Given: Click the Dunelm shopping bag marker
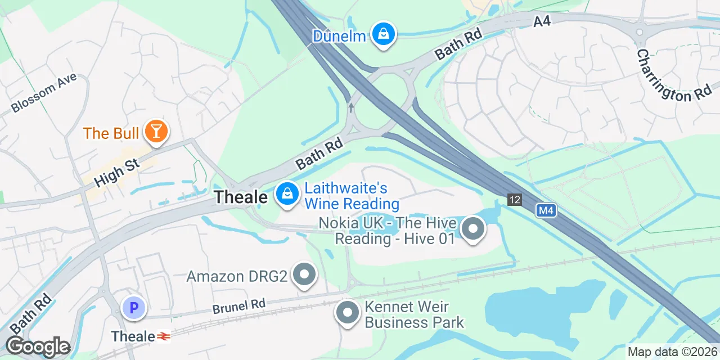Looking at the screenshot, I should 383,34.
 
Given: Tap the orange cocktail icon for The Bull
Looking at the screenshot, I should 156,132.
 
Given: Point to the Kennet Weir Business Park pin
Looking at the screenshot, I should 348,313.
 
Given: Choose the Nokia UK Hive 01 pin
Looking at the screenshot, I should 472,229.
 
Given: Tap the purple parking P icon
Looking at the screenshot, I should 134,308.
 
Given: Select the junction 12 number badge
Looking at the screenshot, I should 514,200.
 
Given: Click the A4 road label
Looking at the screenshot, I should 542,21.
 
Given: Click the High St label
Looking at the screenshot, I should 117,172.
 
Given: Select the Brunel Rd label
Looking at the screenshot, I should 238,307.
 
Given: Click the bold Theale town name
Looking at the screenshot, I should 241,197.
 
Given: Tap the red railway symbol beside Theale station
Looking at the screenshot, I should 164,336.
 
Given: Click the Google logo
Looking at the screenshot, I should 38,347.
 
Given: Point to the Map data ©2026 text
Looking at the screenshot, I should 672,352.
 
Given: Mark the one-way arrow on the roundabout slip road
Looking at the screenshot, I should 352,107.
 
